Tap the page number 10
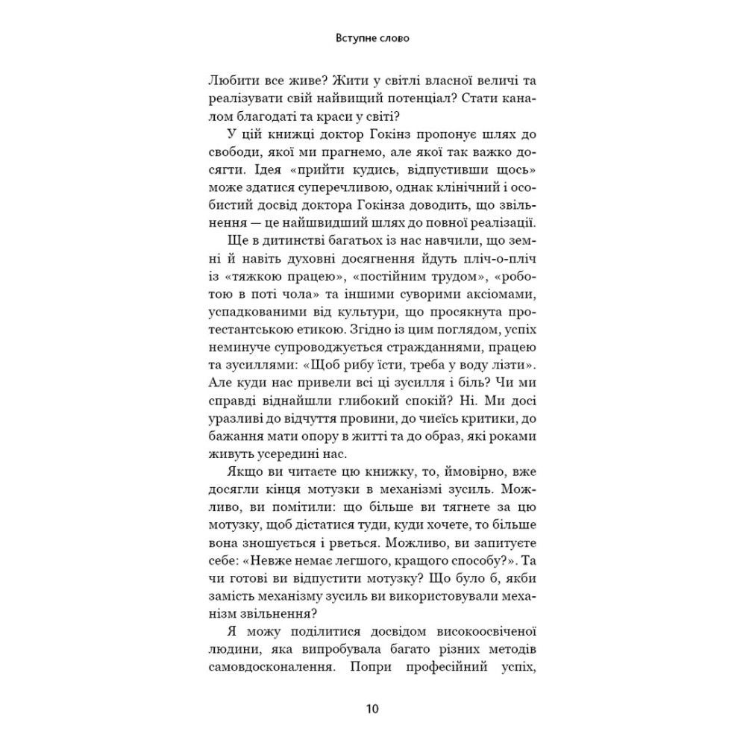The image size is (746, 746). click(373, 708)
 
